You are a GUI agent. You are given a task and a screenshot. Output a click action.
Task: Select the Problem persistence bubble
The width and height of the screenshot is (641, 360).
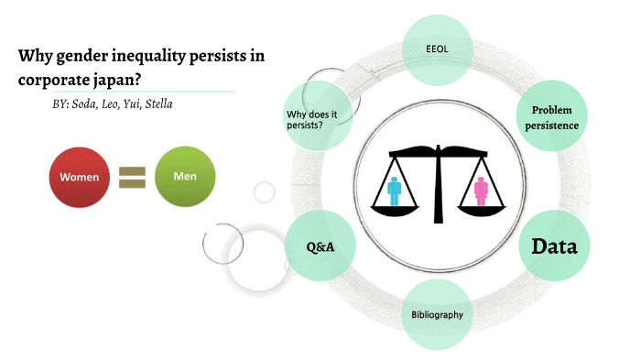[x=551, y=117]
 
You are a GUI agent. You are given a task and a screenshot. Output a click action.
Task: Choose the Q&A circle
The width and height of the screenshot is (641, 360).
[x=320, y=245]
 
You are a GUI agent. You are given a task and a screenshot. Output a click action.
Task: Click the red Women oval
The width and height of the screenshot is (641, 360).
[x=80, y=176]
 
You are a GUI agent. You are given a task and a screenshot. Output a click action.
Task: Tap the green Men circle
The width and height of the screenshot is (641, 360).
[x=185, y=175]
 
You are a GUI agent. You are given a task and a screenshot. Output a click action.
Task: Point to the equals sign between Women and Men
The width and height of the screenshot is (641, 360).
[x=133, y=177]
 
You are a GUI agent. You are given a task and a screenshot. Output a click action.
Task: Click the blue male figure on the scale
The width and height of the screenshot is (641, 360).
[x=395, y=191]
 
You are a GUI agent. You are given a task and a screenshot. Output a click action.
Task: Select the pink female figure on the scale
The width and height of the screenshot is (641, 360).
[x=481, y=191]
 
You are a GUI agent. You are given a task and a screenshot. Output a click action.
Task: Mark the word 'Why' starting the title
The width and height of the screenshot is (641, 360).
[x=32, y=56]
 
